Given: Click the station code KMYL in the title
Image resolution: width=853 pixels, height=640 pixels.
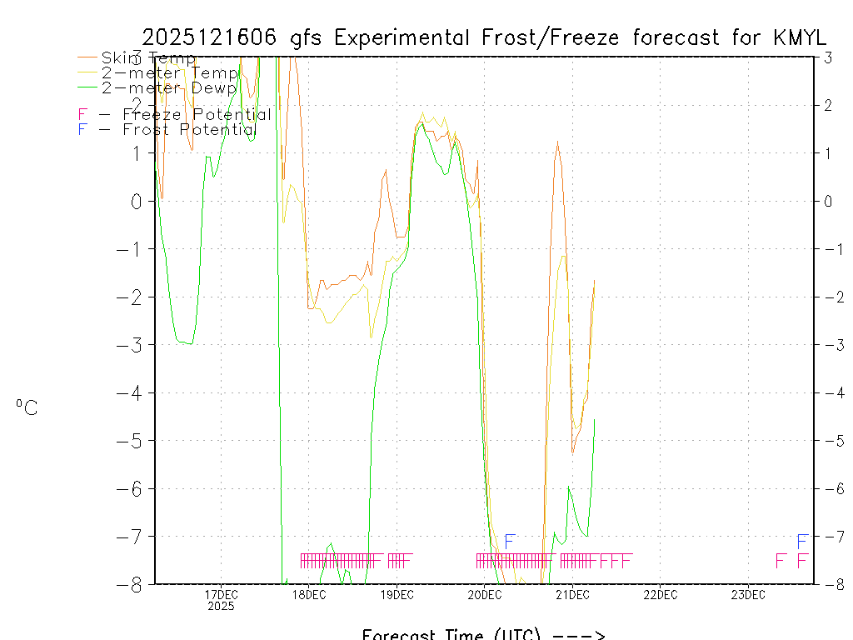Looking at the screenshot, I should pos(799,37).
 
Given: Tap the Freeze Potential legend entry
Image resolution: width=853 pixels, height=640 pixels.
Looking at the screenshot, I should pos(175,115).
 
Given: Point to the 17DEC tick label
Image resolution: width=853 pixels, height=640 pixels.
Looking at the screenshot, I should pos(221,594).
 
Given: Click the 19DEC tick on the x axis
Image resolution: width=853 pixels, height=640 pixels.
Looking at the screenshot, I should pos(397,594).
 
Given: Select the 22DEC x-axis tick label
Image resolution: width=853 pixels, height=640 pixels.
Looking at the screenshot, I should pos(660,594).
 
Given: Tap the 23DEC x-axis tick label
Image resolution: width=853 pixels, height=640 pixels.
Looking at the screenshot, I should pos(748,594).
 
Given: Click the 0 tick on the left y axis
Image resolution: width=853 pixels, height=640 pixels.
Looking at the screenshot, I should pos(136,201).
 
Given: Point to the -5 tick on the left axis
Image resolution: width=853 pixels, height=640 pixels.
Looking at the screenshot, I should pos(130,440).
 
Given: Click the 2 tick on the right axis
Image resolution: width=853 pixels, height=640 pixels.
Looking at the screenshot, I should pos(828,105).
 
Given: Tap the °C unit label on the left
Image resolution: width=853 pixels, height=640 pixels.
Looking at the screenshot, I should pos(27,407).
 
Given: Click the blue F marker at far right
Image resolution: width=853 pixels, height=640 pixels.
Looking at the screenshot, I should pos(802,542).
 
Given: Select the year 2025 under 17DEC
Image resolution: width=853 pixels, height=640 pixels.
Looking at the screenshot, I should pos(221,607).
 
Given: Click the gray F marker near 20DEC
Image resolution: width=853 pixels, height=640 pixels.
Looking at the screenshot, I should pos(511,542).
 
